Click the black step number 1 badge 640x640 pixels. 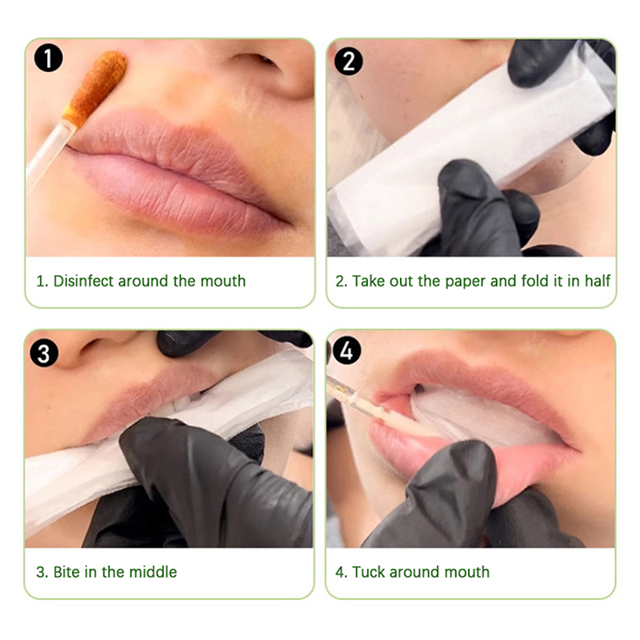pyautogui.click(x=49, y=58)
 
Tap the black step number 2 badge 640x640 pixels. pyautogui.click(x=348, y=62)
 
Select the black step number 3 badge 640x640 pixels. pyautogui.click(x=44, y=353)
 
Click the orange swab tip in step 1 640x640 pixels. pyautogui.click(x=95, y=88)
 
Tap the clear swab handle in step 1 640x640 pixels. pyautogui.click(x=48, y=154)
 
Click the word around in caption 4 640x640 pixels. pyautogui.click(x=414, y=572)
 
